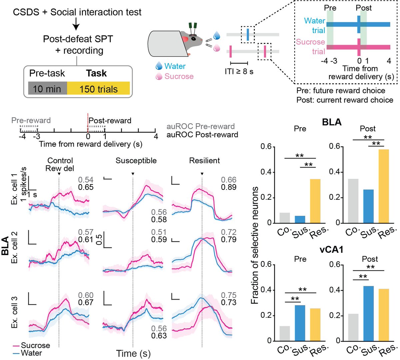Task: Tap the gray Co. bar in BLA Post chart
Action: pyautogui.click(x=353, y=201)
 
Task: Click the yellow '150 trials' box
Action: pyautogui.click(x=98, y=89)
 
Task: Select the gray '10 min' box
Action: pyautogui.click(x=47, y=89)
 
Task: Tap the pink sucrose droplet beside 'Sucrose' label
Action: pyautogui.click(x=159, y=76)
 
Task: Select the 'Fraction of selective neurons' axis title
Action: pyautogui.click(x=255, y=245)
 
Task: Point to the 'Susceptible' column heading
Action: pyautogui.click(x=136, y=161)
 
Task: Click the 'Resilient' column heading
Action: pyautogui.click(x=204, y=161)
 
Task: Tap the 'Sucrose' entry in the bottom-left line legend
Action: pyautogui.click(x=35, y=345)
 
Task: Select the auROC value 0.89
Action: pyautogui.click(x=229, y=187)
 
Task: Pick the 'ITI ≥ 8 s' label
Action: pyautogui.click(x=239, y=71)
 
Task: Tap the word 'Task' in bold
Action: pyautogui.click(x=96, y=73)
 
